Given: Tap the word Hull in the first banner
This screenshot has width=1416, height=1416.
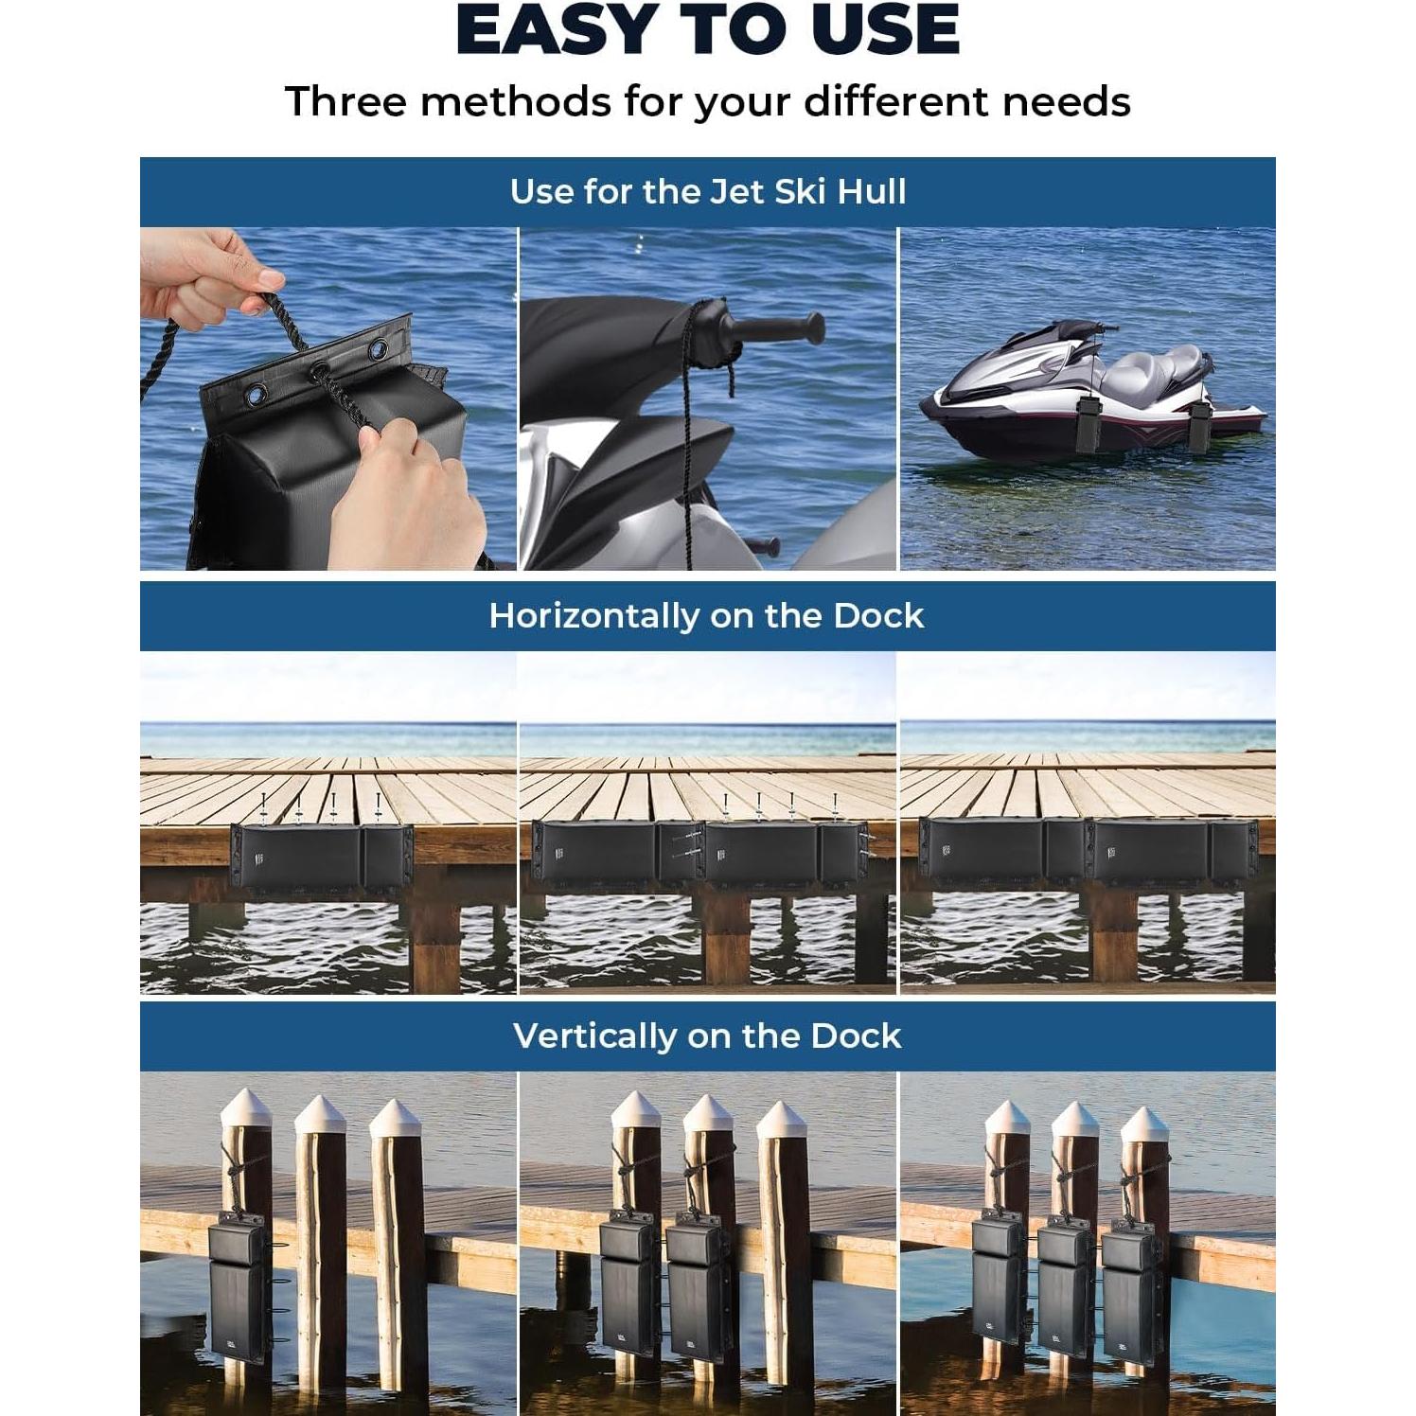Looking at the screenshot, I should [871, 192].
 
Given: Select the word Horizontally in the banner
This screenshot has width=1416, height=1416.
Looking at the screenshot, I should [593, 616].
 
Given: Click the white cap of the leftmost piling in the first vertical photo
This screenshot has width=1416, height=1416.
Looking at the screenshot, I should [246, 1106].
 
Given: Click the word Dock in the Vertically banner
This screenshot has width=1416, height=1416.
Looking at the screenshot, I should [856, 1035].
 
